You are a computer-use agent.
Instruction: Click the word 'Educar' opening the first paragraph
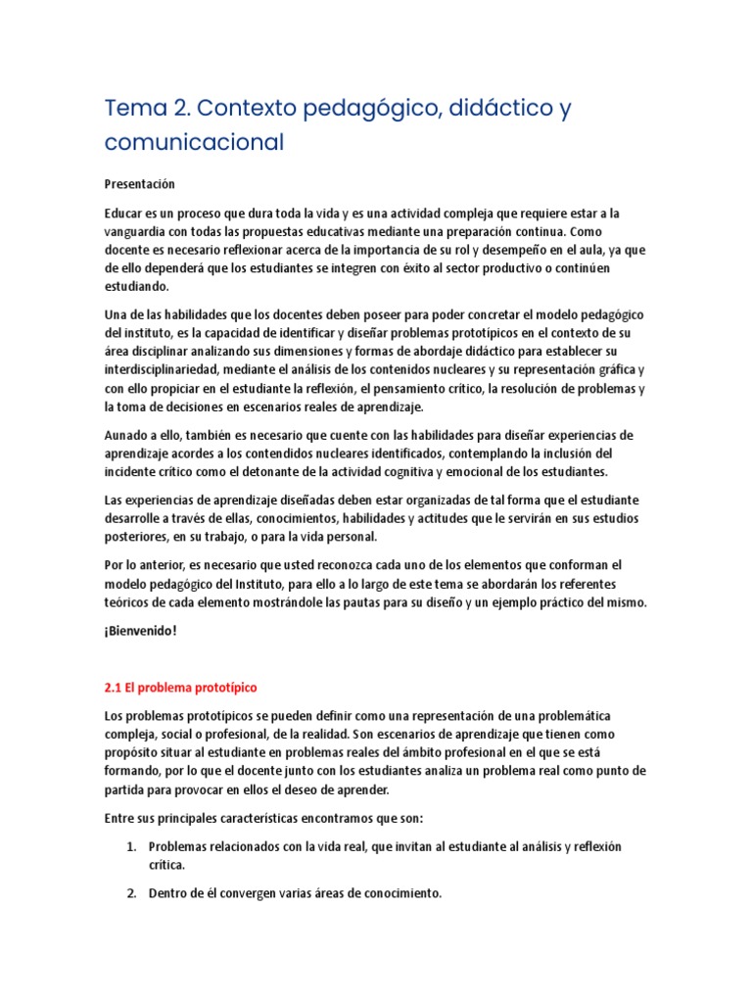point(123,213)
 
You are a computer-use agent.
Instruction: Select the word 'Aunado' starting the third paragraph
point(125,434)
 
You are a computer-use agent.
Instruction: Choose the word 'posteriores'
point(136,537)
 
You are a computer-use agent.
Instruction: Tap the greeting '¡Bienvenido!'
point(140,631)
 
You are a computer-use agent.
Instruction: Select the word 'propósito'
point(133,753)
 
